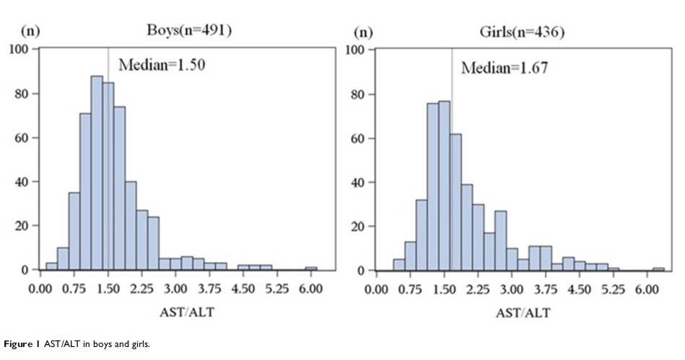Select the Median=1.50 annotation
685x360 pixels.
pyautogui.click(x=162, y=66)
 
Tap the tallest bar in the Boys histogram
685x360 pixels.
pyautogui.click(x=97, y=173)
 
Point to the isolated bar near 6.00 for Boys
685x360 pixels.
pyautogui.click(x=311, y=268)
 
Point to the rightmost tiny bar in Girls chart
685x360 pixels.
pyautogui.click(x=658, y=269)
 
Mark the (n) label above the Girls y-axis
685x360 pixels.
pyautogui.click(x=362, y=32)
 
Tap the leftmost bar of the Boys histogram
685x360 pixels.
pyautogui.click(x=51, y=266)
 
